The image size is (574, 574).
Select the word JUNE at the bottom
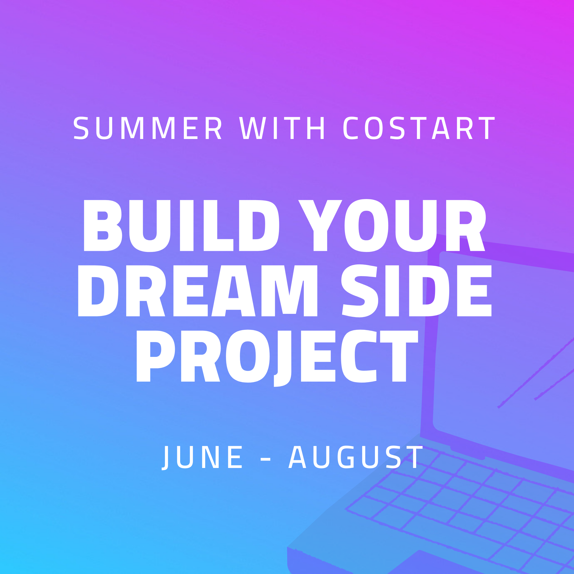pyautogui.click(x=202, y=457)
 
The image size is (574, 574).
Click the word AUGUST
pyautogui.click(x=356, y=457)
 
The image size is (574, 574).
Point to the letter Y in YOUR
pyautogui.click(x=320, y=226)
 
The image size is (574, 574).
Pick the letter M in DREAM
pyautogui.click(x=289, y=291)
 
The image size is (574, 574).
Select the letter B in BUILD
pyautogui.click(x=103, y=226)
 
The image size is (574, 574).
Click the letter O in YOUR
pyautogui.click(x=366, y=226)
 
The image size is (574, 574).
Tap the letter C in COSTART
pyautogui.click(x=350, y=128)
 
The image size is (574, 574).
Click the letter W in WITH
pyautogui.click(x=252, y=128)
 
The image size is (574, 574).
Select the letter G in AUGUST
pyautogui.click(x=345, y=457)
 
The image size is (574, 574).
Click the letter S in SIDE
pyautogui.click(x=359, y=291)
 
